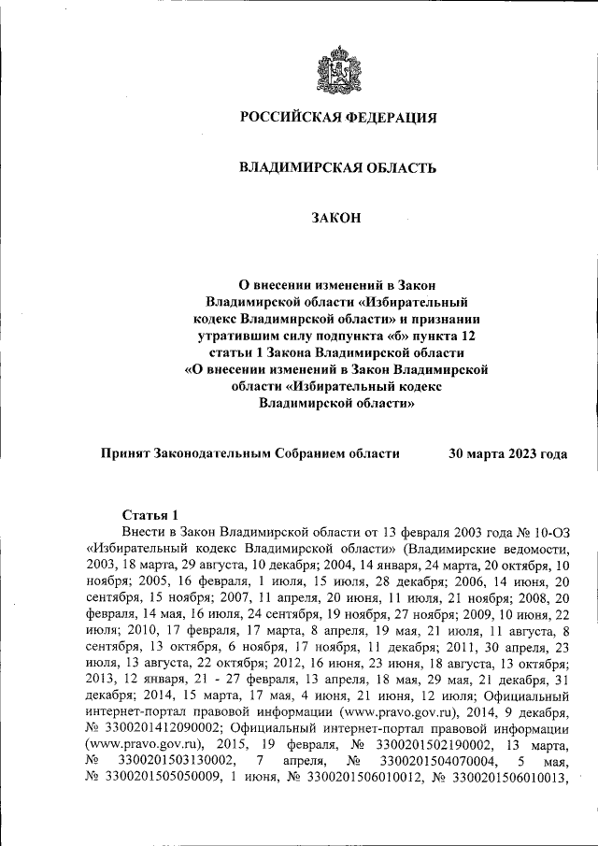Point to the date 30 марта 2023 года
pos(507,453)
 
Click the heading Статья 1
pos(149,514)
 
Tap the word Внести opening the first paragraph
pos(144,530)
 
